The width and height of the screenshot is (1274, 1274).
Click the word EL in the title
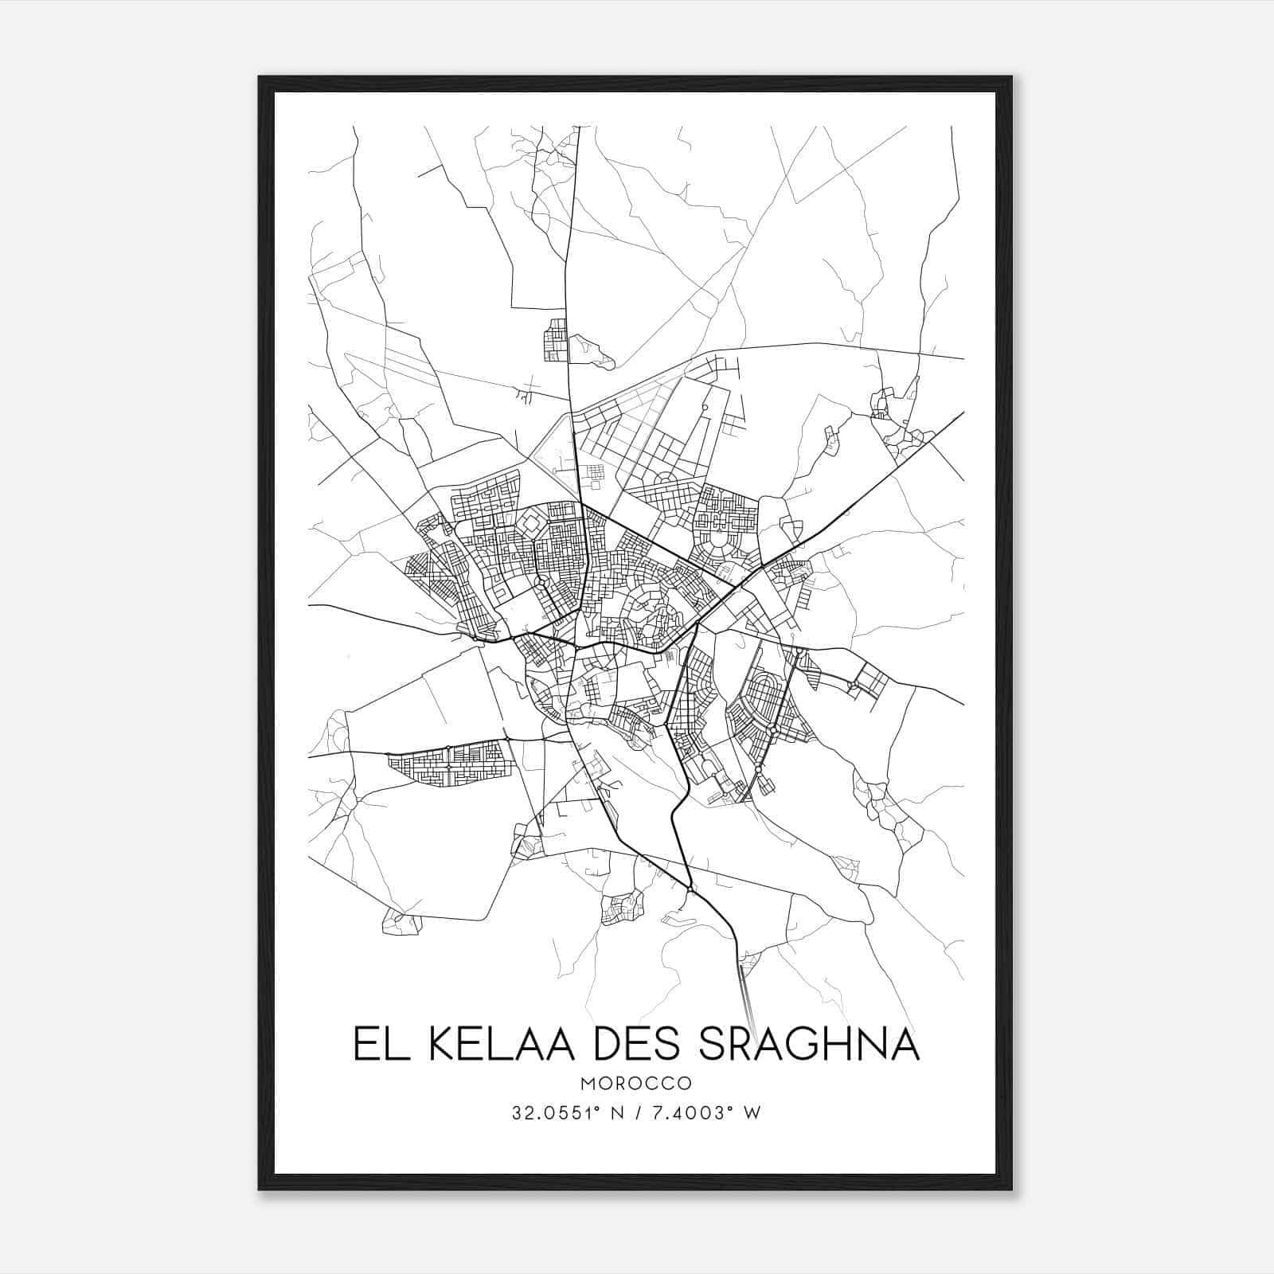377,1044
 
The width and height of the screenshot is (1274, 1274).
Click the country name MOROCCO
635,1084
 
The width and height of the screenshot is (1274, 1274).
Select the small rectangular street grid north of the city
555,340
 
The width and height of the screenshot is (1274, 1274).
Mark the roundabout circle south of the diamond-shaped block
541,584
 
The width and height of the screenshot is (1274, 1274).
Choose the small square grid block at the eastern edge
870,682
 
